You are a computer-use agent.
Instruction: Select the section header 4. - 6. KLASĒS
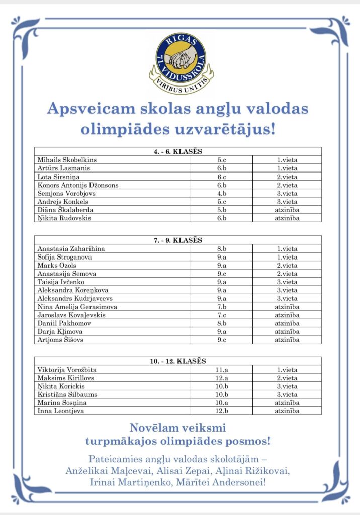(x=178, y=151)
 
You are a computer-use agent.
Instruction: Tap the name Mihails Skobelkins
(x=67, y=160)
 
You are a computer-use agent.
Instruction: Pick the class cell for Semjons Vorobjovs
(x=221, y=193)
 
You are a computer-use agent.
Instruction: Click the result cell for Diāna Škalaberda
(x=287, y=210)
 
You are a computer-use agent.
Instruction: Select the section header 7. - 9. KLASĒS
(x=178, y=240)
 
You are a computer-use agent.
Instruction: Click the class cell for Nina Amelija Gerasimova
(x=221, y=307)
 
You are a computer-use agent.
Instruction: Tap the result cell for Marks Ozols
(x=287, y=265)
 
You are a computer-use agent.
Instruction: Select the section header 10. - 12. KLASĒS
(x=178, y=361)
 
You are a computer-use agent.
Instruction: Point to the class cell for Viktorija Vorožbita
(x=221, y=370)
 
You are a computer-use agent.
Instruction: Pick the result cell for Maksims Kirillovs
(x=287, y=378)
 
